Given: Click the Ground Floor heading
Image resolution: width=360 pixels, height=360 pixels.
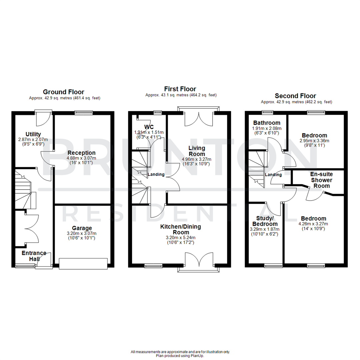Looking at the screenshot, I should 63,92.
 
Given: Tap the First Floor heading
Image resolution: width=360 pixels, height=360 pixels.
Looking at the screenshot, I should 180,89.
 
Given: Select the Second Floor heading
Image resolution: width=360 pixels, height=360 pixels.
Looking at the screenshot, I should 295,96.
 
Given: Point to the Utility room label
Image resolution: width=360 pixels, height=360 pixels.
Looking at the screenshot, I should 33,134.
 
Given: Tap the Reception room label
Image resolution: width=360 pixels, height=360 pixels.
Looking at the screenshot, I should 82,153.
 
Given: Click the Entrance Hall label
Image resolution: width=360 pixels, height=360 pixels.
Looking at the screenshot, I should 34,256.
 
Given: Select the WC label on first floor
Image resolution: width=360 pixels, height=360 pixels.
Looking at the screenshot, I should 149,127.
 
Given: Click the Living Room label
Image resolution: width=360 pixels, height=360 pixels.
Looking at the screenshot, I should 197,151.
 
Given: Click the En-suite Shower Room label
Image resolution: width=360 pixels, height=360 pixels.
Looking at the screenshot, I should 322,180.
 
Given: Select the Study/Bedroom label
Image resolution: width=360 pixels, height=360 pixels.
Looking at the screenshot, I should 263,221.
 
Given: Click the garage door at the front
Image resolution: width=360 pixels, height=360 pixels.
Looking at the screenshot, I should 83,263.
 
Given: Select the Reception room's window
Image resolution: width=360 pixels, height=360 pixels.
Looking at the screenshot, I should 84,113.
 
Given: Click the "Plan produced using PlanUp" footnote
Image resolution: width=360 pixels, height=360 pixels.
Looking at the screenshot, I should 180,356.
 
